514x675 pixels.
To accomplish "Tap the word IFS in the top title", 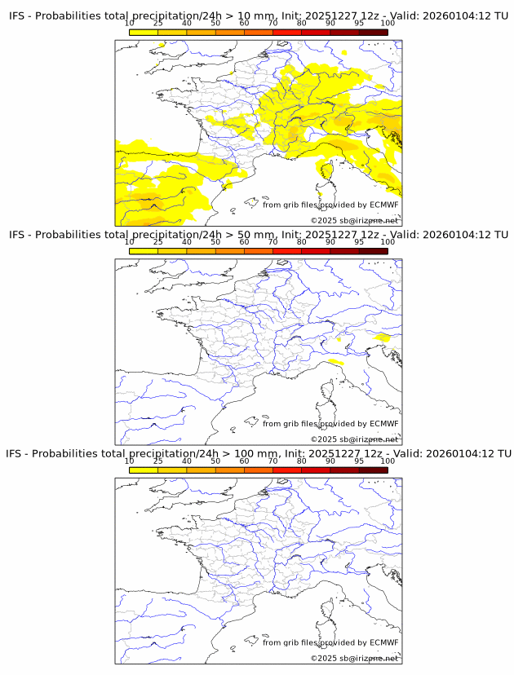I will pos(17,16).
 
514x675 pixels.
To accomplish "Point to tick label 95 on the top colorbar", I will pos(359,24).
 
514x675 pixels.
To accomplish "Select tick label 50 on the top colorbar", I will pos(215,24).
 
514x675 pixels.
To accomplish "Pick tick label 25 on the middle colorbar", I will pos(158,242).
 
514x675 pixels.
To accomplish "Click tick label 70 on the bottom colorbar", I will pos(273,461).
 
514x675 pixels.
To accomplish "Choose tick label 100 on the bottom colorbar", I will pos(388,461).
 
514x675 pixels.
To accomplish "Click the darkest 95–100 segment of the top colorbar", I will pos(373,32).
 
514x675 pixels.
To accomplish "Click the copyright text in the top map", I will pos(354,221).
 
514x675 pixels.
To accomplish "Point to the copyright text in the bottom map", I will pos(354,658).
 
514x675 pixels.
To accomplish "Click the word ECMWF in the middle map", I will pos(383,423).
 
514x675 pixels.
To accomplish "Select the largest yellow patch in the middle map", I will pos(381,337).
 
